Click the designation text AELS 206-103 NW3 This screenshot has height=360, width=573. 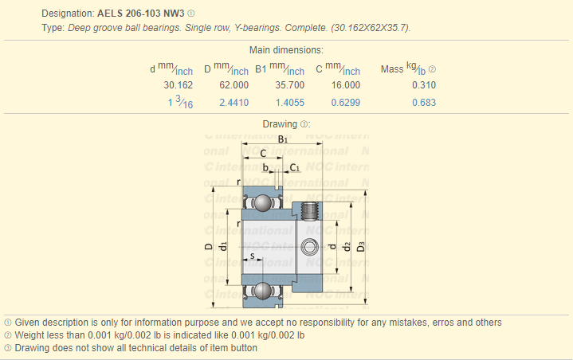point(141,14)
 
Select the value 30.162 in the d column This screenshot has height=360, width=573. point(178,85)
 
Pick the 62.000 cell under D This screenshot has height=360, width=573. point(234,85)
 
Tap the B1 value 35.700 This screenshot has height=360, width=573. point(290,85)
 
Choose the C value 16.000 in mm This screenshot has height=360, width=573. point(346,85)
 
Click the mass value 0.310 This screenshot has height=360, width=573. point(424,85)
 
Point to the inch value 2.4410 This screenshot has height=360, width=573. point(234,103)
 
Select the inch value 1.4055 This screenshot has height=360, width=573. point(290,103)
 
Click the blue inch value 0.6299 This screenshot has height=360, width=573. point(346,103)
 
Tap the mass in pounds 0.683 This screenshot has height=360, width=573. point(424,103)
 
